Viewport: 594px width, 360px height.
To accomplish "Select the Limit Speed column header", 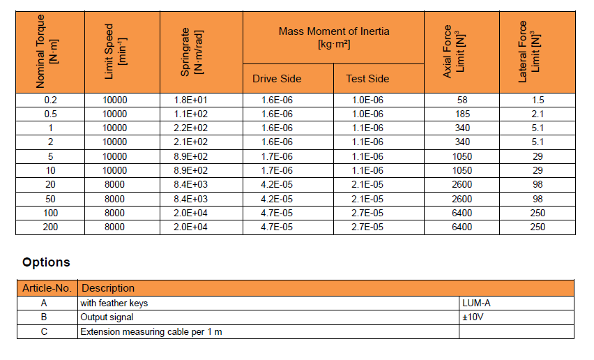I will point(119,52).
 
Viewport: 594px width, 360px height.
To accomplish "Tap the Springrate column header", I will point(197,52).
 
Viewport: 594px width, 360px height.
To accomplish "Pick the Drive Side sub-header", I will point(277,78).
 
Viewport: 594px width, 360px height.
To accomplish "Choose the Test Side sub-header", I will point(367,78).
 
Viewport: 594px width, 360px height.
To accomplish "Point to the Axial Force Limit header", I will point(462,52).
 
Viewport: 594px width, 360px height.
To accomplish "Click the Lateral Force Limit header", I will point(536,52).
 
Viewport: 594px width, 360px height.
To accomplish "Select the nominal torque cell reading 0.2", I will point(50,100).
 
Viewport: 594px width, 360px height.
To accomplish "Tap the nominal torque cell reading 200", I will point(50,227).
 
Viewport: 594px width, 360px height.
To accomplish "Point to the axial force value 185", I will point(462,114).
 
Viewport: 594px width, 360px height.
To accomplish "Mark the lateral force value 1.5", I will point(538,100).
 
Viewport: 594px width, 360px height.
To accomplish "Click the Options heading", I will point(46,262).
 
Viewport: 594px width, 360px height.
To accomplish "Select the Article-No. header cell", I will point(47,288).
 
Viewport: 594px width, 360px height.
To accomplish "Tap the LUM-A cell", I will point(477,303).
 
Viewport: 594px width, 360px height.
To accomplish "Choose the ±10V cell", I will point(474,317).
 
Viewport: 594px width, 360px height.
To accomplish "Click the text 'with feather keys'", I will point(114,303).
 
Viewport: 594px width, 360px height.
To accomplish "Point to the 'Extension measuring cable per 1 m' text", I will point(151,331).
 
